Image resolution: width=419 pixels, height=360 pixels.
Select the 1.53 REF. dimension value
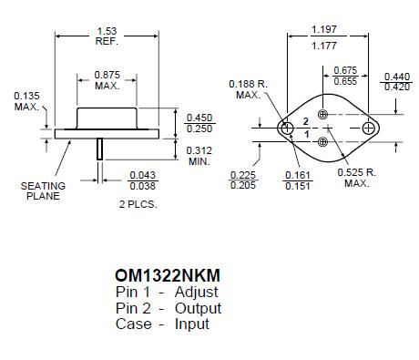tap(106, 36)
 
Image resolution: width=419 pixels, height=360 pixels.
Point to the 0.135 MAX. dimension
tap(26, 101)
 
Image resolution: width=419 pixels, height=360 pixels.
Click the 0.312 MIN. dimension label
tap(199, 155)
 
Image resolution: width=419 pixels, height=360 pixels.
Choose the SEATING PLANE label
tap(42, 190)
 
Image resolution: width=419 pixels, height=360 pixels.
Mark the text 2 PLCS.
tap(139, 204)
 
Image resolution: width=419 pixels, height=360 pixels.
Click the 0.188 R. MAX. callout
tap(249, 89)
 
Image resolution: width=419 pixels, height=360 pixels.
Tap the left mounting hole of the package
tap(287, 129)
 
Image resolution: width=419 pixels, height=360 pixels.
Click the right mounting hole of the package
tap(369, 129)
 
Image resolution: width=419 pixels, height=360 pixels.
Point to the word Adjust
tap(197, 293)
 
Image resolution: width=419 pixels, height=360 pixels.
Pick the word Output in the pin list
tap(198, 308)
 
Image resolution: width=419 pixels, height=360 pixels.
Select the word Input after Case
tap(191, 324)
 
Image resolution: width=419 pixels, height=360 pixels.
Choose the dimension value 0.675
tap(344, 70)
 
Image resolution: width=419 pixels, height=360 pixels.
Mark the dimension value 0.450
tap(199, 117)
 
